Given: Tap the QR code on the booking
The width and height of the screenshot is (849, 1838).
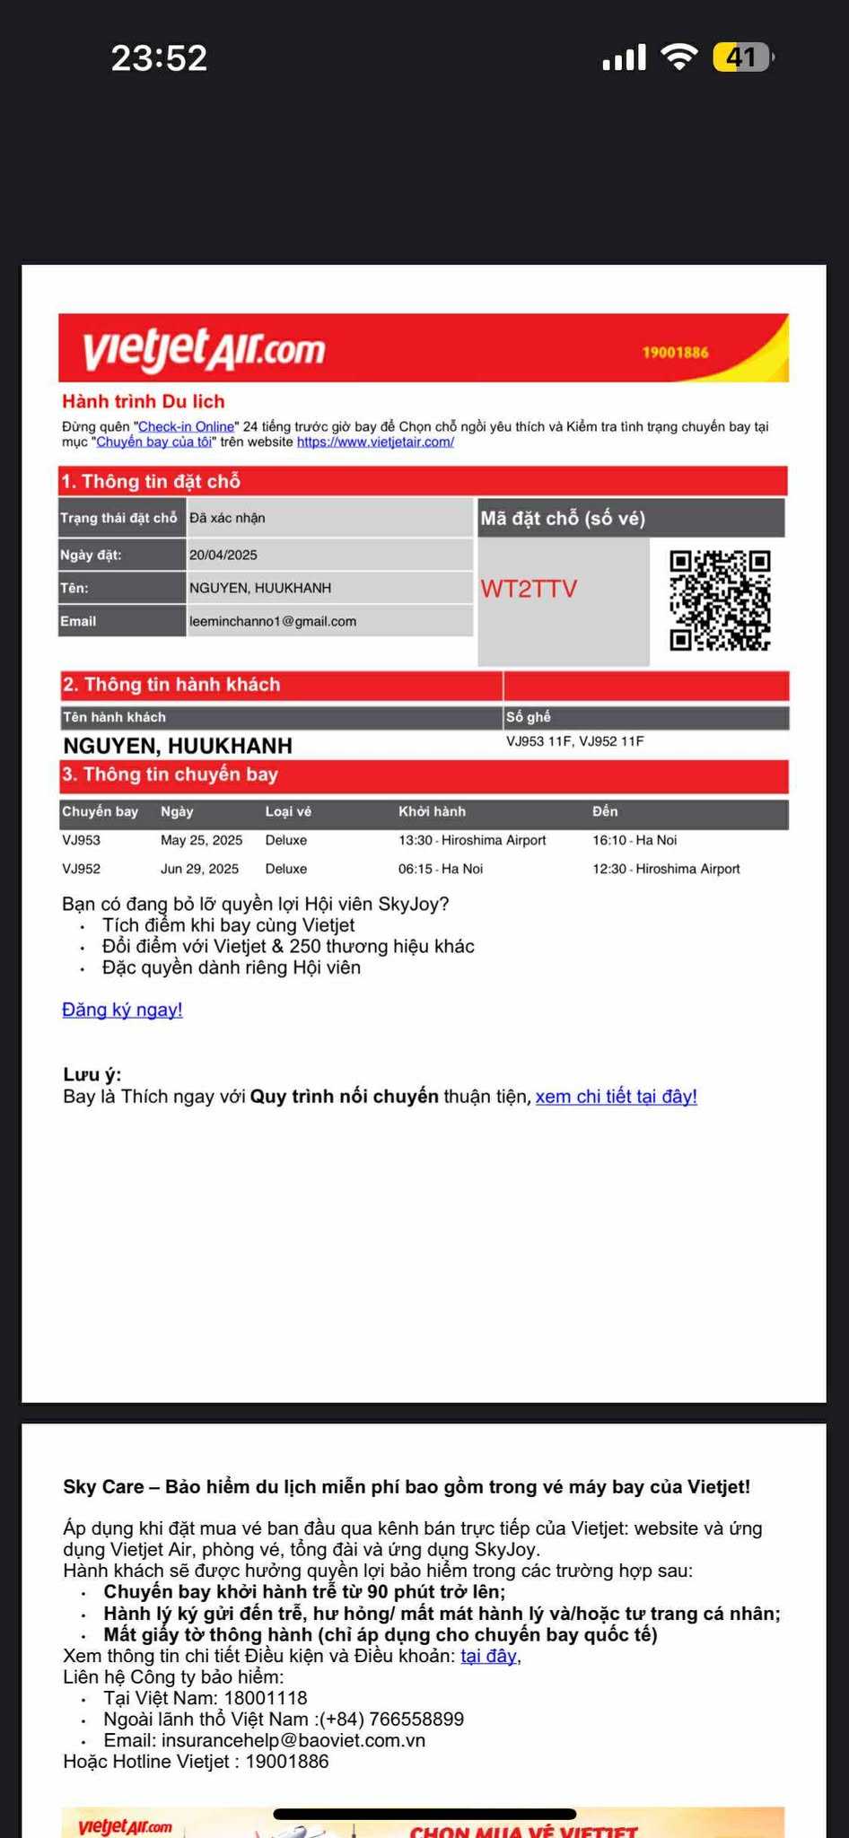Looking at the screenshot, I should (720, 600).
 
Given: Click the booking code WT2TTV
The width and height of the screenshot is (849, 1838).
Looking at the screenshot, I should (529, 589).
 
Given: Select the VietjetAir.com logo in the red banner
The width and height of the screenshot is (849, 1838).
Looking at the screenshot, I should (204, 348).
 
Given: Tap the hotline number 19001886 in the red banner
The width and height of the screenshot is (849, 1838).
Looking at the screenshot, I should (675, 352).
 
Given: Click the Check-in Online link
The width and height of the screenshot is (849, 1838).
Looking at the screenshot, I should (186, 426).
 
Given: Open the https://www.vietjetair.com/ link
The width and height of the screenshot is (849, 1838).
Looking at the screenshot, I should (375, 442).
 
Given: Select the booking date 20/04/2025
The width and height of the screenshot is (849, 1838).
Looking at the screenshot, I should (223, 555).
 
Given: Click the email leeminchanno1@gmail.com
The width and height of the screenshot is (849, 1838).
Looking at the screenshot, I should (273, 621).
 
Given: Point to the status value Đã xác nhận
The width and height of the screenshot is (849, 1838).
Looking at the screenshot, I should (227, 518).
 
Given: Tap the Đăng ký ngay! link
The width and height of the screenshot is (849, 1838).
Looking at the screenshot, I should (122, 1010).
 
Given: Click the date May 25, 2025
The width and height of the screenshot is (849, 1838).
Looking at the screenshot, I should (202, 840).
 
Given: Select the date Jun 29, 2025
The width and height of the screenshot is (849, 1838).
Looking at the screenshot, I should (200, 869).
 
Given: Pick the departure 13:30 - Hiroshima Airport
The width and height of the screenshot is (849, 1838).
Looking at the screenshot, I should (472, 840).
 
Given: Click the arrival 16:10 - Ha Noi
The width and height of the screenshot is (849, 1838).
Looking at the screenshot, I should (635, 840).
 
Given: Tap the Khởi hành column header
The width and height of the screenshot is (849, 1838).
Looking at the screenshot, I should (432, 811).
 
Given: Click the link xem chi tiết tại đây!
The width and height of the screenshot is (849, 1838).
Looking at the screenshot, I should (616, 1097).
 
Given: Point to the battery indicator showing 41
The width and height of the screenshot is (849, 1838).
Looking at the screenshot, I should (742, 57).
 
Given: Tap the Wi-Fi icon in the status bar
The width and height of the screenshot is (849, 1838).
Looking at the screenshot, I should (679, 57).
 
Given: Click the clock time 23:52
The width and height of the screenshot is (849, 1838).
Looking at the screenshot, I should (159, 58).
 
